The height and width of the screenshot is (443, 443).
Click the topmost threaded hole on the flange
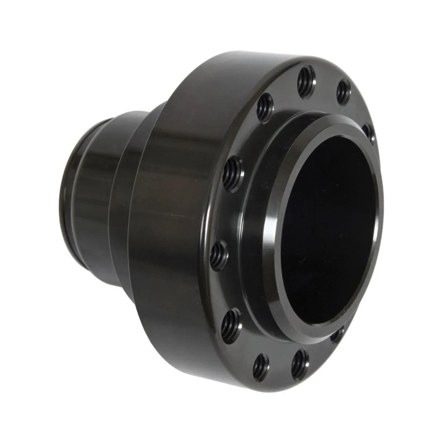(306, 82)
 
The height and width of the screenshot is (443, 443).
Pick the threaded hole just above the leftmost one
(234, 174)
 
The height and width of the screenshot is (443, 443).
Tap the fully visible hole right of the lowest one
(300, 363)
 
